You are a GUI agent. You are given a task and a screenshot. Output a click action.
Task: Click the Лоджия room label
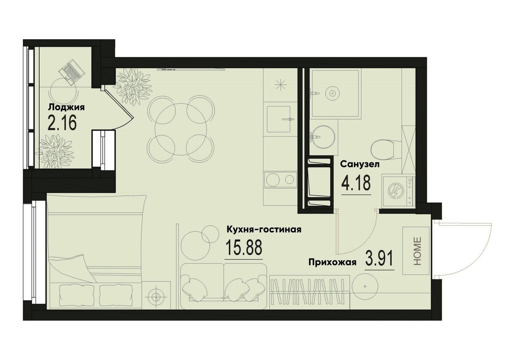click(x=66, y=108)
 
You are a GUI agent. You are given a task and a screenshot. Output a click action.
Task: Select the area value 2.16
click(x=62, y=123)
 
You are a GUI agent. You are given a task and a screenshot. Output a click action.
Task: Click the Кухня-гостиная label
click(x=264, y=229)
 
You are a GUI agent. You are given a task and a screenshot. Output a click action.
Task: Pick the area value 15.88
click(x=244, y=247)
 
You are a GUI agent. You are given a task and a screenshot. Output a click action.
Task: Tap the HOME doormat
click(x=416, y=251)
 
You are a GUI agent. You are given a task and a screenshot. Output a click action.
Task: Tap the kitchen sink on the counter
click(x=279, y=119)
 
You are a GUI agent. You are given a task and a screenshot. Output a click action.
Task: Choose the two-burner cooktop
click(x=279, y=179)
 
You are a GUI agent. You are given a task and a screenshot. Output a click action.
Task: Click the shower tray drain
click(x=333, y=93)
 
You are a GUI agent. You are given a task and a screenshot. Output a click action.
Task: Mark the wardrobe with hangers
click(x=310, y=291)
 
